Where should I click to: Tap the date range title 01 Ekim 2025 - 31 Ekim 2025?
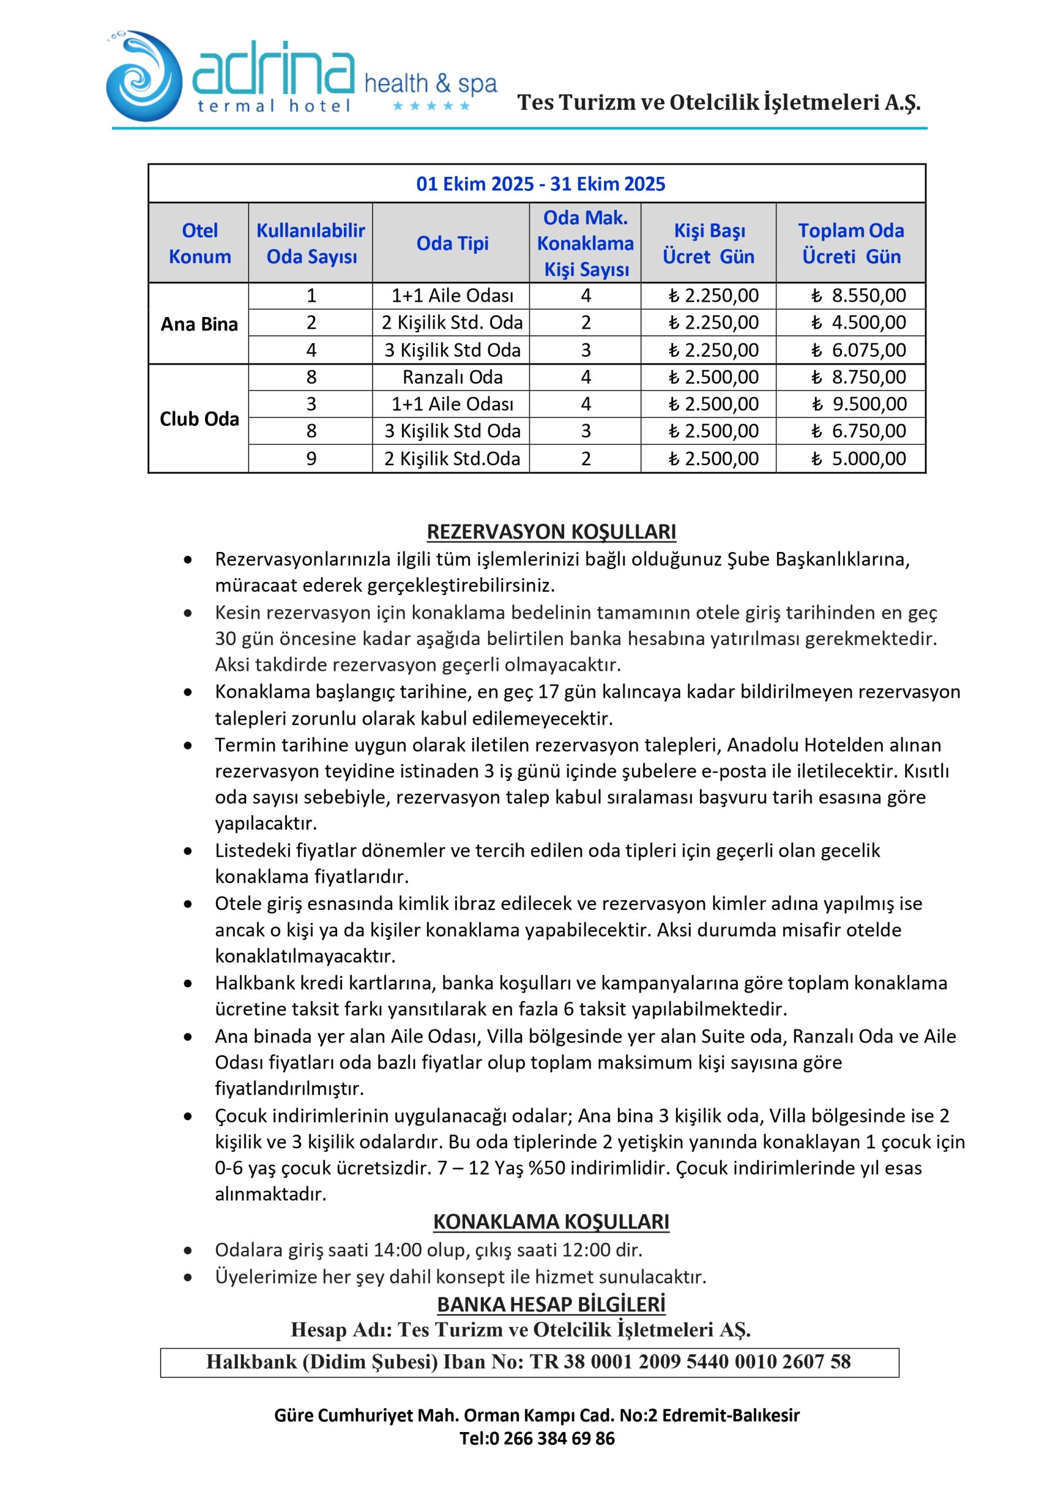pyautogui.click(x=540, y=183)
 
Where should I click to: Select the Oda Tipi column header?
pyautogui.click(x=452, y=243)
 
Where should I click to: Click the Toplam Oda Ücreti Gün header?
pyautogui.click(x=851, y=243)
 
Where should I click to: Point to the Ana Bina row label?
pyautogui.click(x=199, y=324)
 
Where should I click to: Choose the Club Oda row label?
pyautogui.click(x=199, y=419)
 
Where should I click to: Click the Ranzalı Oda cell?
pyautogui.click(x=452, y=377)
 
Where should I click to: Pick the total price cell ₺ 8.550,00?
pyautogui.click(x=858, y=296)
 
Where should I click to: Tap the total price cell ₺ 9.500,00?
pyautogui.click(x=859, y=404)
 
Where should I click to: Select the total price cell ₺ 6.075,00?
pyautogui.click(x=858, y=350)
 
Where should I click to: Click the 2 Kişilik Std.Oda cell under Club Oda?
pyautogui.click(x=452, y=459)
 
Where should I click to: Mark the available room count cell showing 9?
pyautogui.click(x=311, y=459)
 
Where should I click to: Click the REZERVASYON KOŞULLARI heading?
pyautogui.click(x=551, y=532)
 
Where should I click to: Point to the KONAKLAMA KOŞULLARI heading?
pyautogui.click(x=551, y=1222)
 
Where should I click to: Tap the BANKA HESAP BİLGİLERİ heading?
pyautogui.click(x=551, y=1304)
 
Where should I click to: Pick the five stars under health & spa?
pyautogui.click(x=431, y=106)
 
